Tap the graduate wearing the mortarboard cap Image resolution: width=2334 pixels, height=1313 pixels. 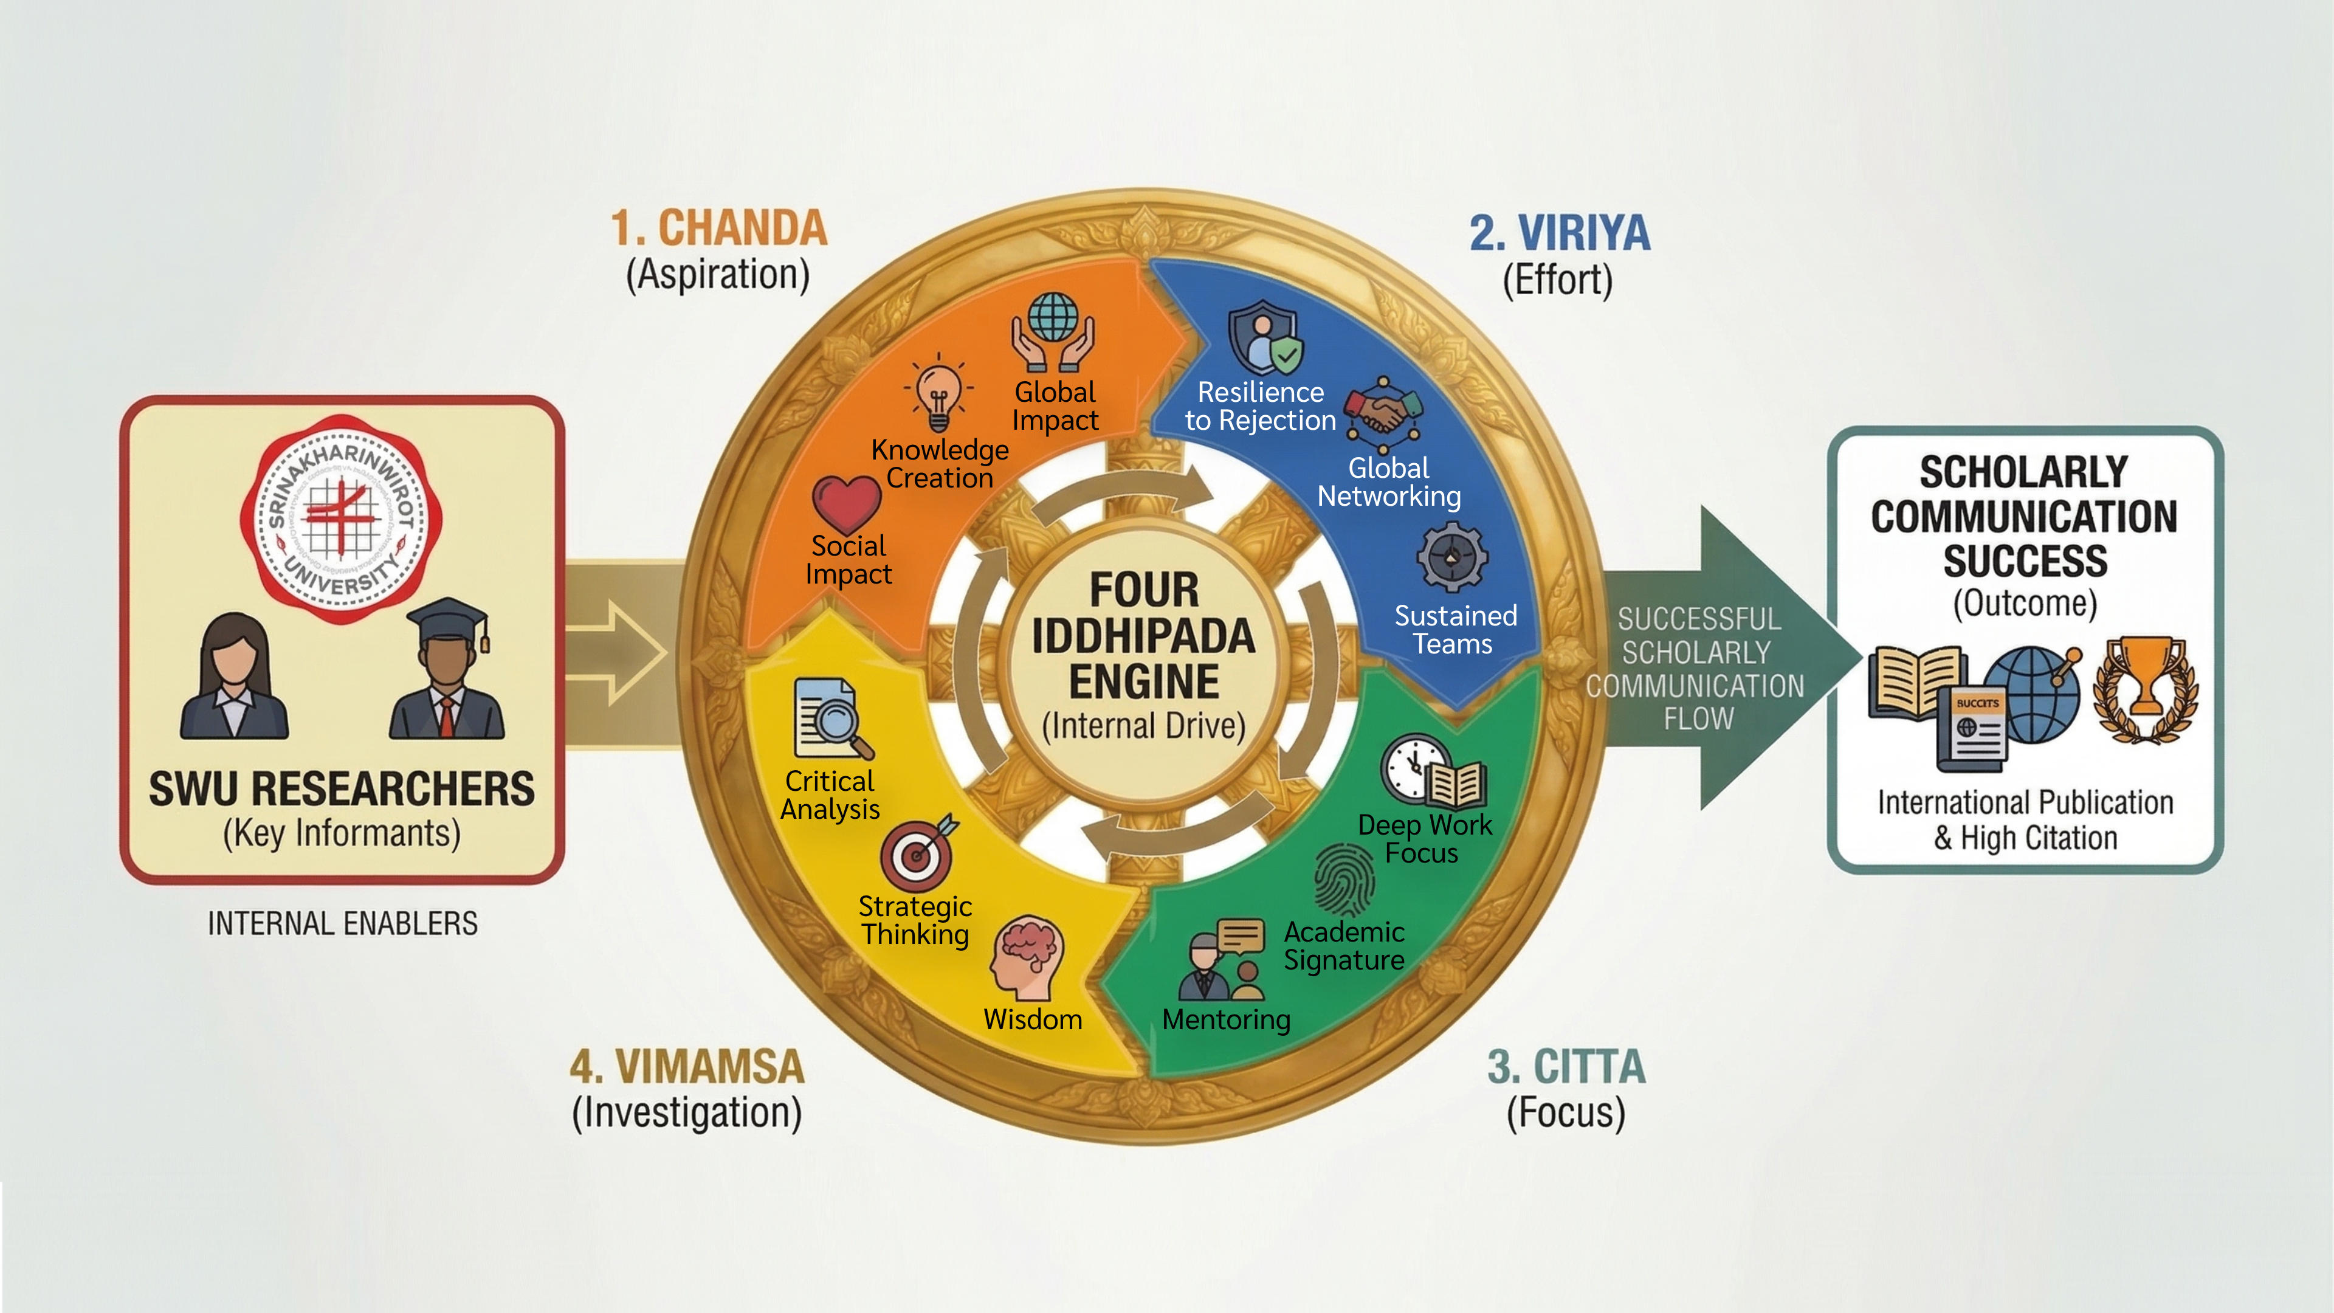(x=447, y=670)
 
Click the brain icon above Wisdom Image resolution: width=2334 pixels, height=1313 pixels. (x=1027, y=958)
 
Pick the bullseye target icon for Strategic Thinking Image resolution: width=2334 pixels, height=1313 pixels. (x=918, y=853)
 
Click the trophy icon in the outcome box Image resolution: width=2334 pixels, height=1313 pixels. (x=2144, y=689)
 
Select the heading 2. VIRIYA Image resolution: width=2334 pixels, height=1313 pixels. (x=1559, y=233)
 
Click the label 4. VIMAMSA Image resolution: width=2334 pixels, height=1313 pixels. (x=687, y=1067)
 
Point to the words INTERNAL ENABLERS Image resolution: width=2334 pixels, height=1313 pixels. (x=342, y=923)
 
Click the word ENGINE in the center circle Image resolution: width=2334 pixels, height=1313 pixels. (x=1143, y=681)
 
